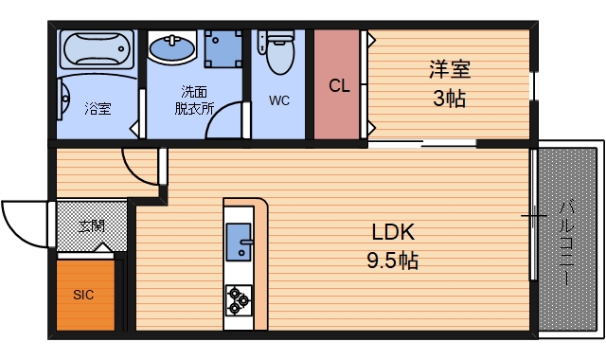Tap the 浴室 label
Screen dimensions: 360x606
(x=98, y=107)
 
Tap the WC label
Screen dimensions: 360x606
(x=278, y=100)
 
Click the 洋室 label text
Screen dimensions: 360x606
(x=449, y=70)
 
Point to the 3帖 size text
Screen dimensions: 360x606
(x=449, y=98)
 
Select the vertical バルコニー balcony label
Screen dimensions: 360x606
(x=565, y=242)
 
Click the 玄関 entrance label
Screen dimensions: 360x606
(x=91, y=225)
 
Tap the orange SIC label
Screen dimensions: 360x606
(x=84, y=294)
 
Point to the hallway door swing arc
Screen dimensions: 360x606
(x=139, y=168)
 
